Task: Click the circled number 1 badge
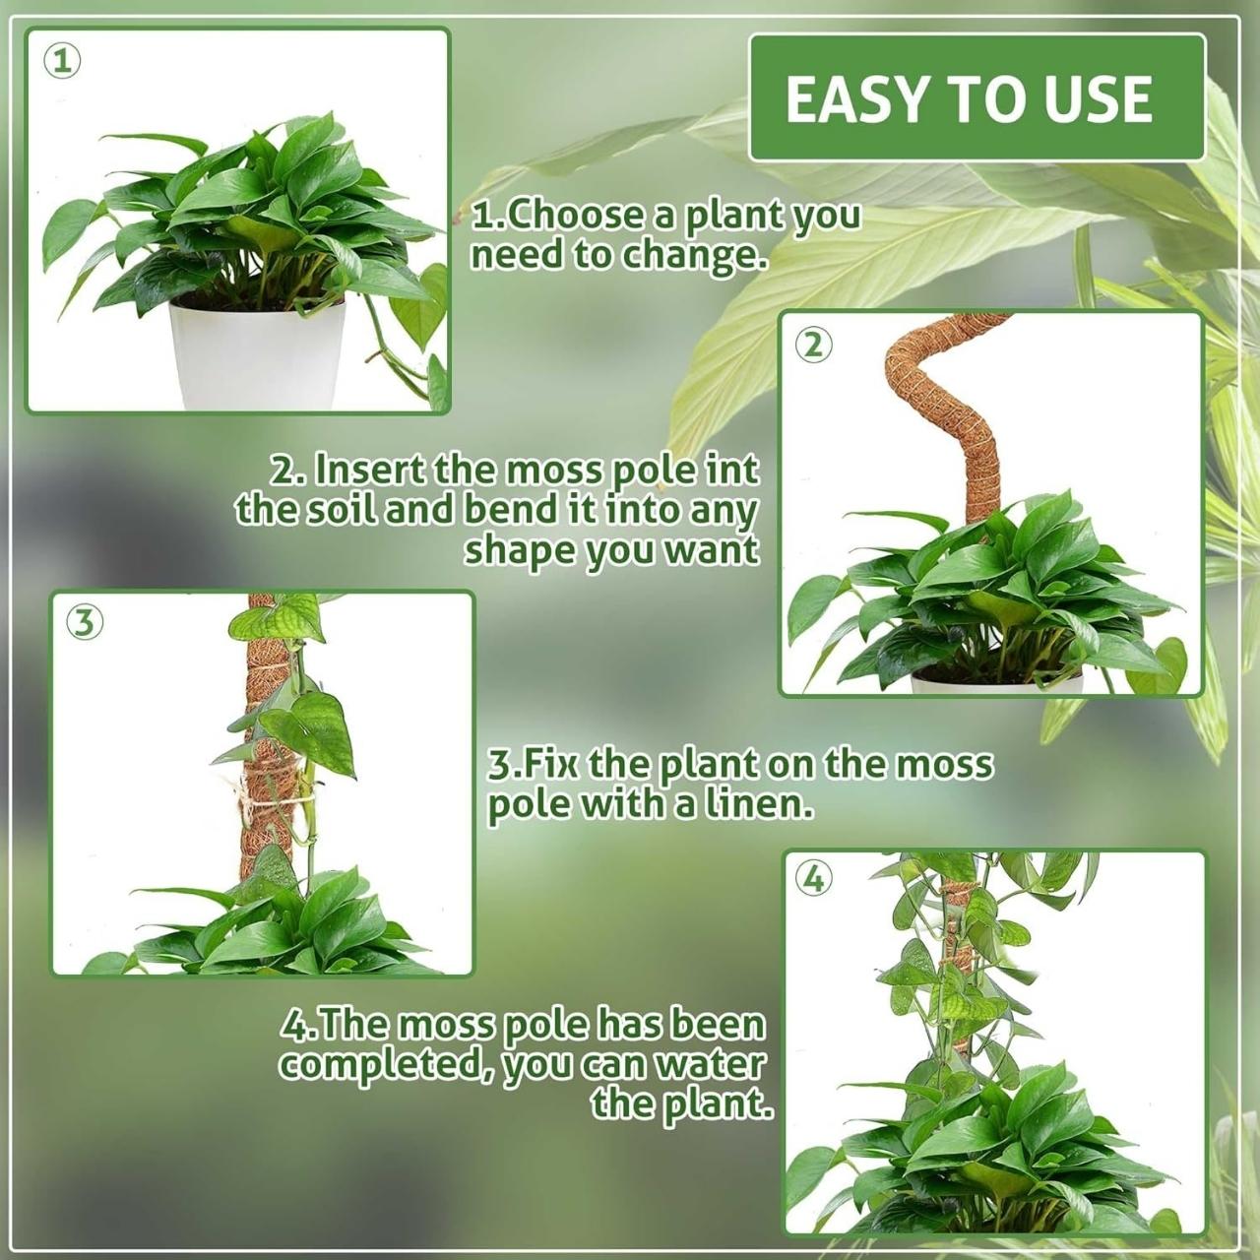(x=63, y=62)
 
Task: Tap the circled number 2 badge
(x=813, y=345)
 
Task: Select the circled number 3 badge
(x=85, y=624)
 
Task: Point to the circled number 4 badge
(x=814, y=879)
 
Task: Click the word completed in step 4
(x=387, y=1066)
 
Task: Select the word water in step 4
(x=708, y=1066)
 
